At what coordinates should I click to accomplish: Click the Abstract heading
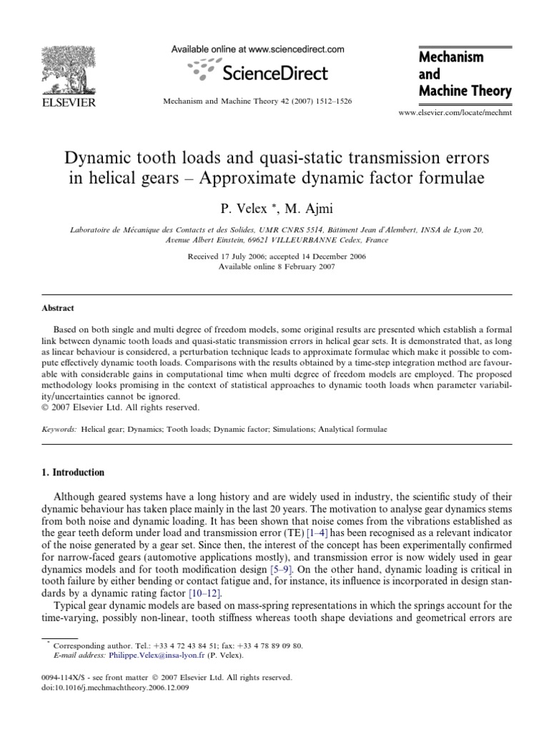(x=57, y=309)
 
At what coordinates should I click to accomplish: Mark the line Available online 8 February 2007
(x=275, y=266)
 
